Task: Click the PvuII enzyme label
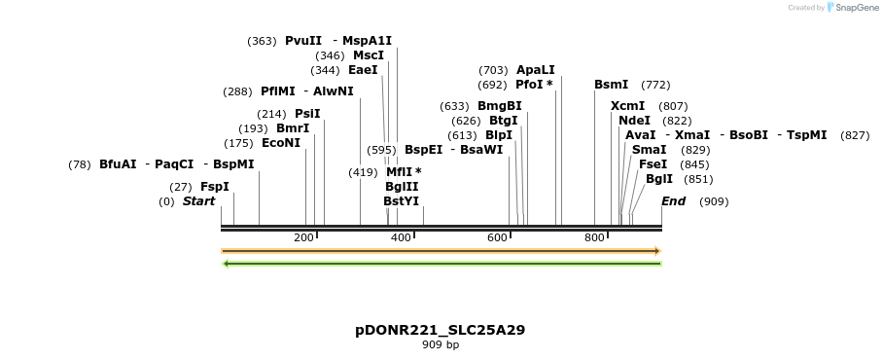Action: (x=302, y=41)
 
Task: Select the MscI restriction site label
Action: (x=368, y=55)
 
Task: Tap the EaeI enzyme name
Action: (x=363, y=70)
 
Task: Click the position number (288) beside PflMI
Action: (x=237, y=91)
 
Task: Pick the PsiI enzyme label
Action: (x=307, y=114)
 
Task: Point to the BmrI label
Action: (x=293, y=128)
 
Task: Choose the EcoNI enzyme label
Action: (x=281, y=143)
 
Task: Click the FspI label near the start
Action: (x=215, y=187)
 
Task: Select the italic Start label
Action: (x=198, y=201)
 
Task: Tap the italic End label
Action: (x=673, y=201)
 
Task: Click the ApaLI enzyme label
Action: (x=535, y=70)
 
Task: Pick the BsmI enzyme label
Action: (x=611, y=85)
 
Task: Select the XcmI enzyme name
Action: (x=627, y=106)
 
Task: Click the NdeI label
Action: (x=634, y=121)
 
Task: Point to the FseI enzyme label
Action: (x=653, y=164)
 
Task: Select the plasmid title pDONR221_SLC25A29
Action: (x=441, y=330)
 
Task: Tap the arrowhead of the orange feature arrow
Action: (x=657, y=251)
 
